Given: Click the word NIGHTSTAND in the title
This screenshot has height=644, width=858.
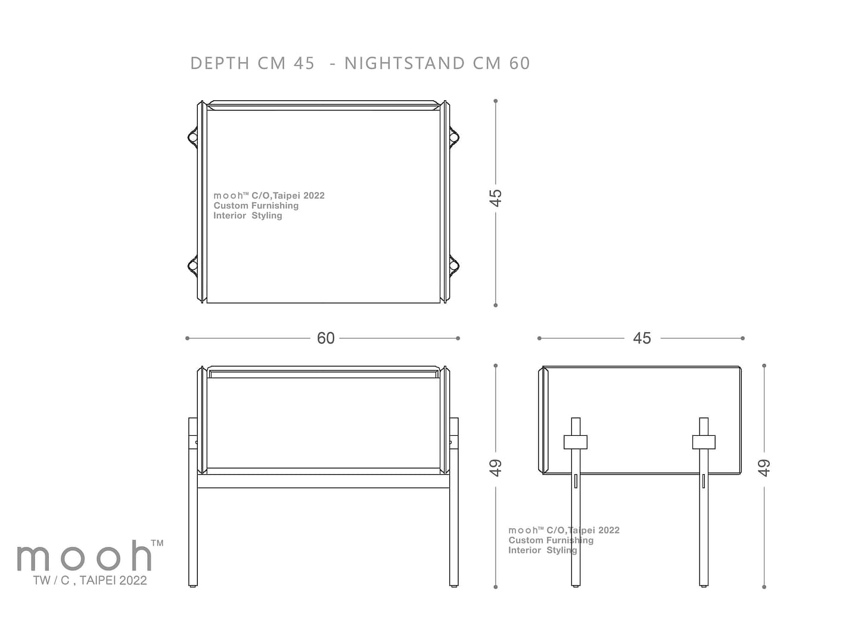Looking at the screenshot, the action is tap(404, 63).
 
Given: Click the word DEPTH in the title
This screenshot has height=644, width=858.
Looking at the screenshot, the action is tap(220, 63).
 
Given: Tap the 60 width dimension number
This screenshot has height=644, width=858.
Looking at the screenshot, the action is tap(325, 338).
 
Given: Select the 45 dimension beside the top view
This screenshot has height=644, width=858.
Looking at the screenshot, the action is tap(495, 198).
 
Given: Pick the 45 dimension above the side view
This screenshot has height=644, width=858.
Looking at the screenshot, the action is tap(642, 338).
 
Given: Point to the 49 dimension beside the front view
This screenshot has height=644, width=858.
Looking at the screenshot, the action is tap(495, 467).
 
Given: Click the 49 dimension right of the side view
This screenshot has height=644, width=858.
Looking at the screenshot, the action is tap(764, 467).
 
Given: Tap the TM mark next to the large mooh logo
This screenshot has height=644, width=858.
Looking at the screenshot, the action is tap(157, 543).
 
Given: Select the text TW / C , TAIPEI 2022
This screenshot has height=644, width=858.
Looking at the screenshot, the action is tap(90, 580).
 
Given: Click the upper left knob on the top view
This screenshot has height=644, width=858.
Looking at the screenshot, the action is tap(192, 137).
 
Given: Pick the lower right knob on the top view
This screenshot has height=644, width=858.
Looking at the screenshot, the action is tap(454, 266).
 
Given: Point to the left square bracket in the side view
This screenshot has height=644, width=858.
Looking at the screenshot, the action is tap(576, 442).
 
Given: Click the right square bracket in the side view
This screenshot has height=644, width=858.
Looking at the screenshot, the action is tap(704, 442).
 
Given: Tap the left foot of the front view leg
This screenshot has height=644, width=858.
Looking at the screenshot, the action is tap(192, 586).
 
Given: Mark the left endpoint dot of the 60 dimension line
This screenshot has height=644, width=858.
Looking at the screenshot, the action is tap(187, 338).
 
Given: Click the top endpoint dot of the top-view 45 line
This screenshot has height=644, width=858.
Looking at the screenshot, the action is tap(495, 101).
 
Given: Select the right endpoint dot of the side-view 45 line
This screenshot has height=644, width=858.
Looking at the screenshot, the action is tap(742, 338).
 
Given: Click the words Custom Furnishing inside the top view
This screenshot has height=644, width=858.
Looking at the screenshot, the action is tap(256, 206).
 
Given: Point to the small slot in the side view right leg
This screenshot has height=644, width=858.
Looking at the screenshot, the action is tap(704, 481).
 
